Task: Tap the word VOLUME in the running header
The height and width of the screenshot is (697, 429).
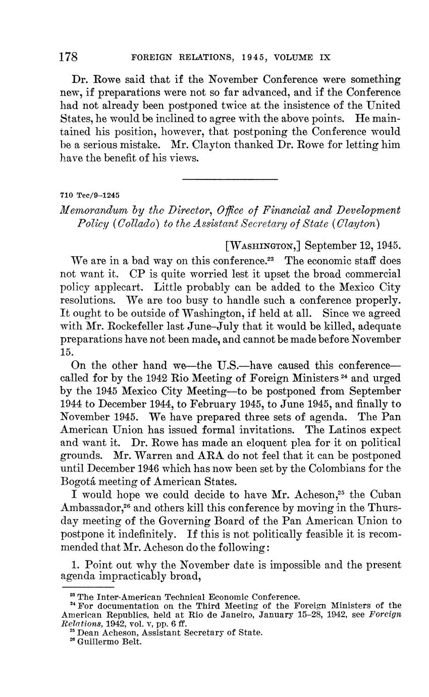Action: point(293,58)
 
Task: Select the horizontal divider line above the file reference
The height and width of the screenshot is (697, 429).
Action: point(230,179)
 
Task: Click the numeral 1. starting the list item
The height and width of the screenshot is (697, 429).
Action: point(76,564)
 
